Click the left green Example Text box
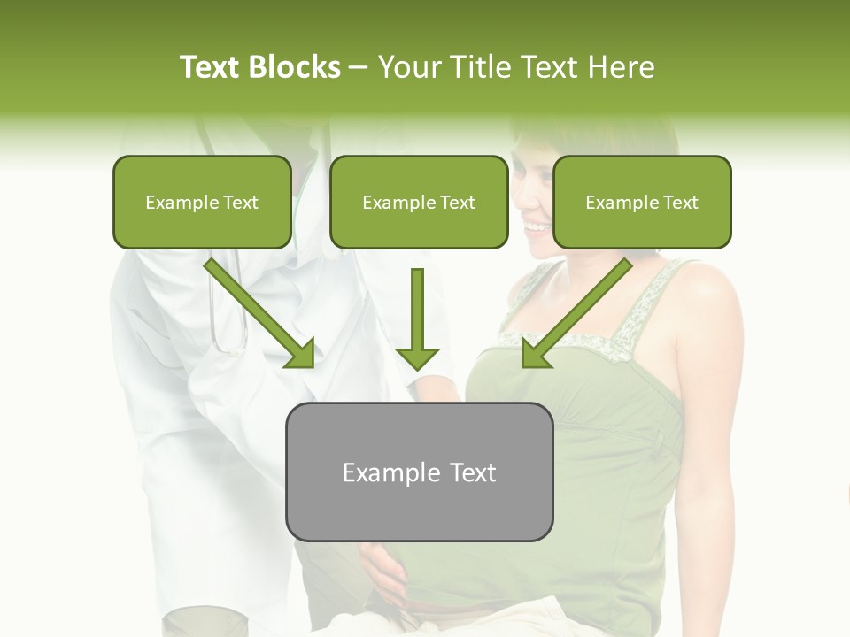(x=202, y=202)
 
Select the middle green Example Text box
(x=419, y=202)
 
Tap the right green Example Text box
(x=642, y=202)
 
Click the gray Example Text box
(x=419, y=472)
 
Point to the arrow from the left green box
(x=257, y=310)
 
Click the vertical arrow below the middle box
(x=417, y=318)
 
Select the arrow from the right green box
(x=580, y=310)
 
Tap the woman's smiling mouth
(x=537, y=228)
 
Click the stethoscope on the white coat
(x=227, y=310)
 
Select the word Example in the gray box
(x=385, y=472)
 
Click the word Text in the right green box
(x=681, y=203)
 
